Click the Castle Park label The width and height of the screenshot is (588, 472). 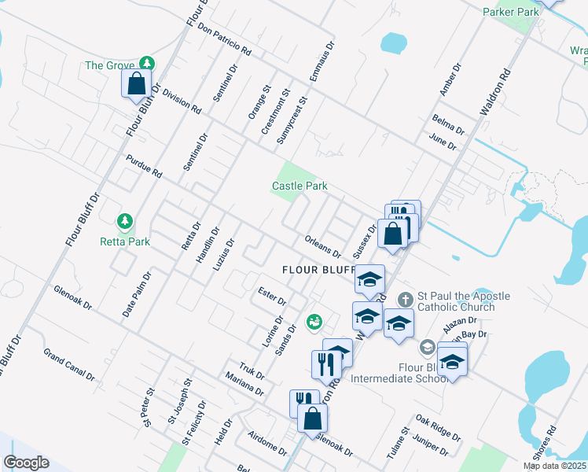pyautogui.click(x=299, y=186)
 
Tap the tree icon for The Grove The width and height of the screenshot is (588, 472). pyautogui.click(x=145, y=63)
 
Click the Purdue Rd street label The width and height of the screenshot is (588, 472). pyautogui.click(x=143, y=165)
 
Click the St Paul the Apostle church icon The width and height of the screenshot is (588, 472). pyautogui.click(x=405, y=299)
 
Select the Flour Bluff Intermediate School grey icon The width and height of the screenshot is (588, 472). pyautogui.click(x=427, y=347)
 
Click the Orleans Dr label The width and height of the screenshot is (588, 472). pyautogui.click(x=322, y=247)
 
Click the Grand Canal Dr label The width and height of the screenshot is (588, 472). pyautogui.click(x=69, y=364)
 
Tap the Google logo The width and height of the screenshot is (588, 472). pyautogui.click(x=26, y=463)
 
